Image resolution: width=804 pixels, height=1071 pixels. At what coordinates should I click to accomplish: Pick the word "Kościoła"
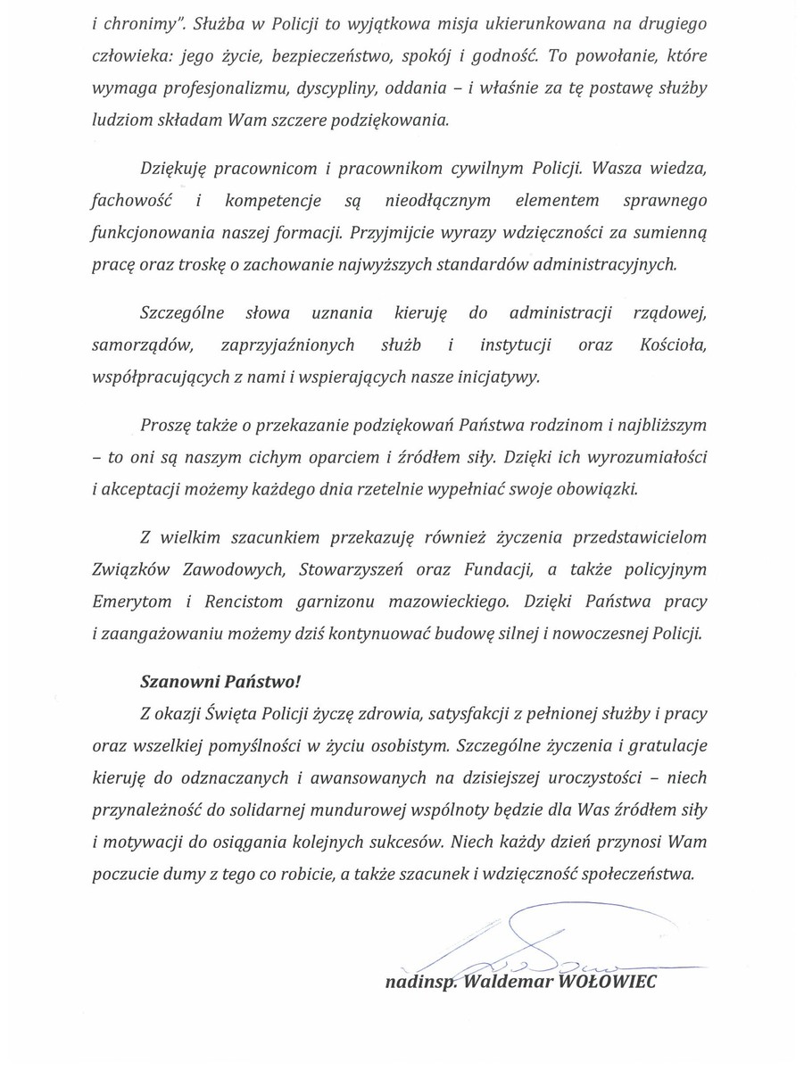point(675,345)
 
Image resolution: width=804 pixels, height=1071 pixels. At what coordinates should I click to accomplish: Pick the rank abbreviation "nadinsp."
point(419,982)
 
